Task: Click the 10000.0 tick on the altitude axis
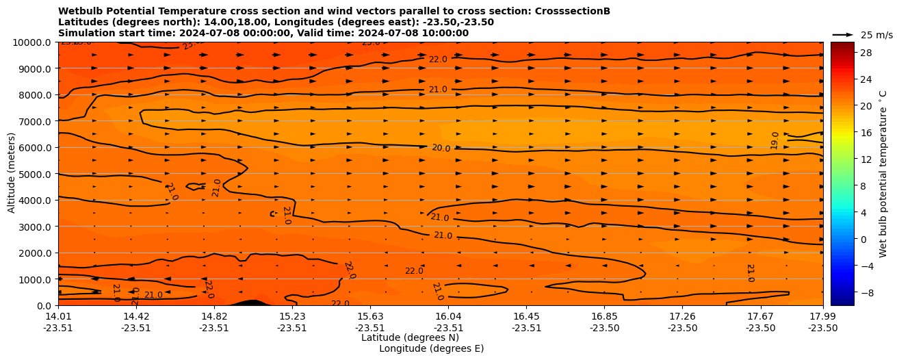point(34,42)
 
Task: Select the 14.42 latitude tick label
point(136,316)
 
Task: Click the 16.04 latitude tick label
point(448,316)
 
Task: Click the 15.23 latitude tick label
point(292,316)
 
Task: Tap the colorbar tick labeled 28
point(846,53)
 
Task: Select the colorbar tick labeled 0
point(843,239)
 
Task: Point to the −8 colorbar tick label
point(846,292)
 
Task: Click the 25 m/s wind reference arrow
point(843,34)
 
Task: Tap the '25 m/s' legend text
point(876,35)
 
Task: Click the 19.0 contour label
point(775,140)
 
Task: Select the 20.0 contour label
point(441,148)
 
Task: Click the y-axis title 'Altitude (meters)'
point(12,173)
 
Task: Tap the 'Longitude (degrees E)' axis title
point(431,348)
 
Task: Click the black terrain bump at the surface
point(250,303)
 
